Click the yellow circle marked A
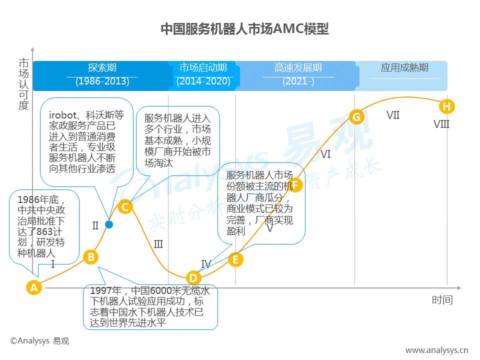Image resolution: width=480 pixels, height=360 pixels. [33, 287]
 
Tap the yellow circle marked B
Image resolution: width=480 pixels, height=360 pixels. [91, 257]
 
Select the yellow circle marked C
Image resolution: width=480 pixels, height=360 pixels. [125, 207]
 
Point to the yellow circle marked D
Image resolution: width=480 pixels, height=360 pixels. [193, 278]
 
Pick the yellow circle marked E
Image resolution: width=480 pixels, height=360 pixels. [235, 259]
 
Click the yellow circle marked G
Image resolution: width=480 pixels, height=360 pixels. [356, 117]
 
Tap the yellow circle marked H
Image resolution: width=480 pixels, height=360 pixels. [446, 106]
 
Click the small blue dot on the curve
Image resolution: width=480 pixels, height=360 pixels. [109, 224]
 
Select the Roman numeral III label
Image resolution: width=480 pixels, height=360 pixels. [158, 244]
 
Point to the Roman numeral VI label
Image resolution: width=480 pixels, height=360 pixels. [325, 154]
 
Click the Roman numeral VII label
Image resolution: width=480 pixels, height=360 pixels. [393, 115]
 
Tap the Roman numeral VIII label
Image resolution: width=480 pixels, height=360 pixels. [441, 124]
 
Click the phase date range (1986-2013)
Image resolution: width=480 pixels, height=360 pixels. [102, 81]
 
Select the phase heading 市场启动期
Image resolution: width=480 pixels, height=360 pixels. [203, 67]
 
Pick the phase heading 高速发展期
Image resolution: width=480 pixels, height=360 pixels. [298, 67]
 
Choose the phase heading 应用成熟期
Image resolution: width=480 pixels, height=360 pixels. [404, 67]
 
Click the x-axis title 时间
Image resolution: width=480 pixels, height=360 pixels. [442, 300]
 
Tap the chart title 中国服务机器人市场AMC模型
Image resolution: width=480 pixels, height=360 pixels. [244, 29]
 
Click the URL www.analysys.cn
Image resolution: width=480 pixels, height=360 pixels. [437, 350]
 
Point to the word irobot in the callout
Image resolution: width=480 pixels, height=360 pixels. [62, 115]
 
